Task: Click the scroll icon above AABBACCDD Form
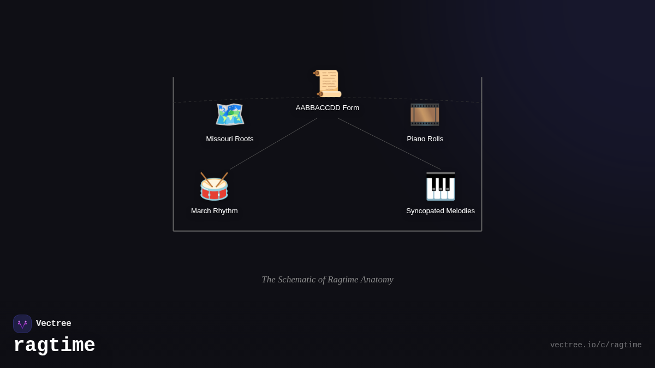[327, 83]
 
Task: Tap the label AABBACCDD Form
[327, 108]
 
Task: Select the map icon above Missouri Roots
[230, 114]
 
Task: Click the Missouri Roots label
[230, 139]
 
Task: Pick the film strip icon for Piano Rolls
[425, 114]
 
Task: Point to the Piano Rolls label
[425, 139]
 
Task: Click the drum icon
[214, 186]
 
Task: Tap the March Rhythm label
[215, 211]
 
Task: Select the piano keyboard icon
[440, 186]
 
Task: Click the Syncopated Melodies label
[440, 211]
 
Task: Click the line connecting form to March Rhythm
[273, 144]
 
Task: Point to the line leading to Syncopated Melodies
[389, 144]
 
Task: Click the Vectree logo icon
[22, 324]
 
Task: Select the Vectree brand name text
[53, 324]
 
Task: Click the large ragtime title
[54, 346]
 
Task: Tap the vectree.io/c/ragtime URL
[596, 345]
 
